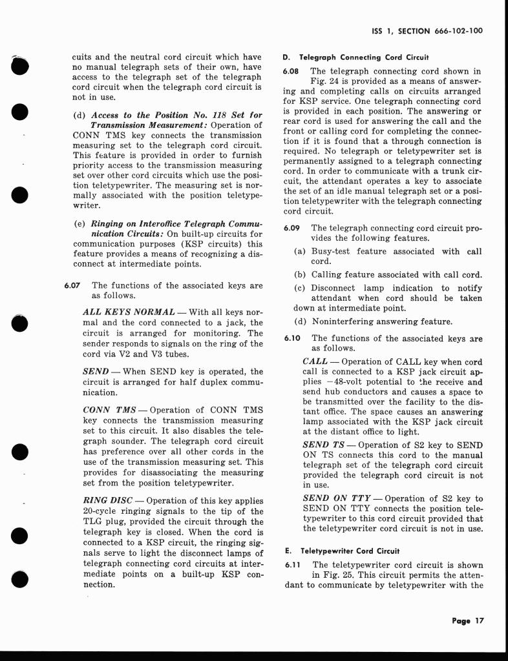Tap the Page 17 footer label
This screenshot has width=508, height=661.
click(x=468, y=621)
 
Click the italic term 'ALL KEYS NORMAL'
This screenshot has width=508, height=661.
click(x=129, y=312)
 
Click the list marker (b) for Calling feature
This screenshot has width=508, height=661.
click(x=300, y=274)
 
